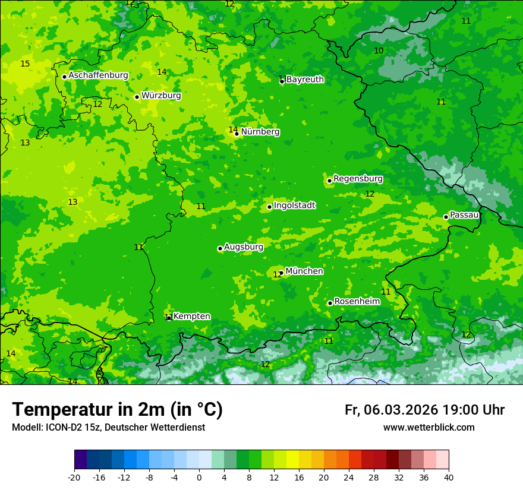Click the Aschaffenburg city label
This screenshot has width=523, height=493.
tap(98, 75)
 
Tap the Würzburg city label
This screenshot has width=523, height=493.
tap(161, 96)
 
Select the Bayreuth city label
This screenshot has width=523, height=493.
tap(305, 80)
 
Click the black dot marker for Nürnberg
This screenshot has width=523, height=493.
tap(237, 134)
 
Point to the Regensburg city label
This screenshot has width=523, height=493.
tap(358, 179)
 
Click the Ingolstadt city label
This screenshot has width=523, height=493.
tap(294, 206)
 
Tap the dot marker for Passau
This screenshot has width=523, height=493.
tap(446, 217)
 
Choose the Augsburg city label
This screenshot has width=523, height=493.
tap(244, 247)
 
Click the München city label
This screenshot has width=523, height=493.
tap(304, 271)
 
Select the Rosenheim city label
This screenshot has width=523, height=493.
tap(357, 302)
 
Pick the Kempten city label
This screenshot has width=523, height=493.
tap(191, 317)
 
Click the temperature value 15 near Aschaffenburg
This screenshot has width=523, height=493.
tap(25, 64)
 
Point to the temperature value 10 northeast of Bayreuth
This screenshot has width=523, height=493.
tap(379, 50)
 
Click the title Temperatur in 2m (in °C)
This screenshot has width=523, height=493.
tap(117, 410)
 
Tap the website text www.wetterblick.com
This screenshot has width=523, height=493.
tap(429, 427)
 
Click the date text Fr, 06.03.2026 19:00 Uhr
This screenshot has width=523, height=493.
tap(424, 410)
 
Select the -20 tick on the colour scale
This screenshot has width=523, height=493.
tap(74, 477)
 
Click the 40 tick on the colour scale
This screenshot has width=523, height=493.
tap(449, 477)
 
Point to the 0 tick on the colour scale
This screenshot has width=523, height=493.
tap(199, 477)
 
